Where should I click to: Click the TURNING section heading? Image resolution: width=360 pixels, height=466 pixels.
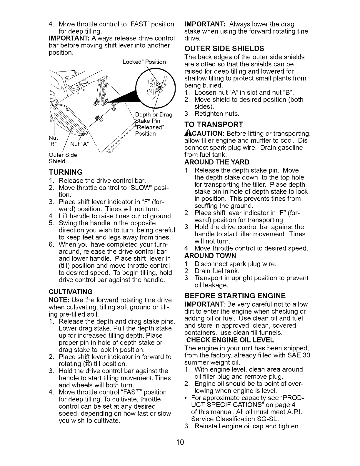coord(66,172)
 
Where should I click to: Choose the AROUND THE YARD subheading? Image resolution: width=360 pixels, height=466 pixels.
coord(217,162)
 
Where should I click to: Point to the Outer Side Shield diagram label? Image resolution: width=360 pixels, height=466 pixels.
coord(63,158)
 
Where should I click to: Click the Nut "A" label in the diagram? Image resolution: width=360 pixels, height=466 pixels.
coord(79,144)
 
